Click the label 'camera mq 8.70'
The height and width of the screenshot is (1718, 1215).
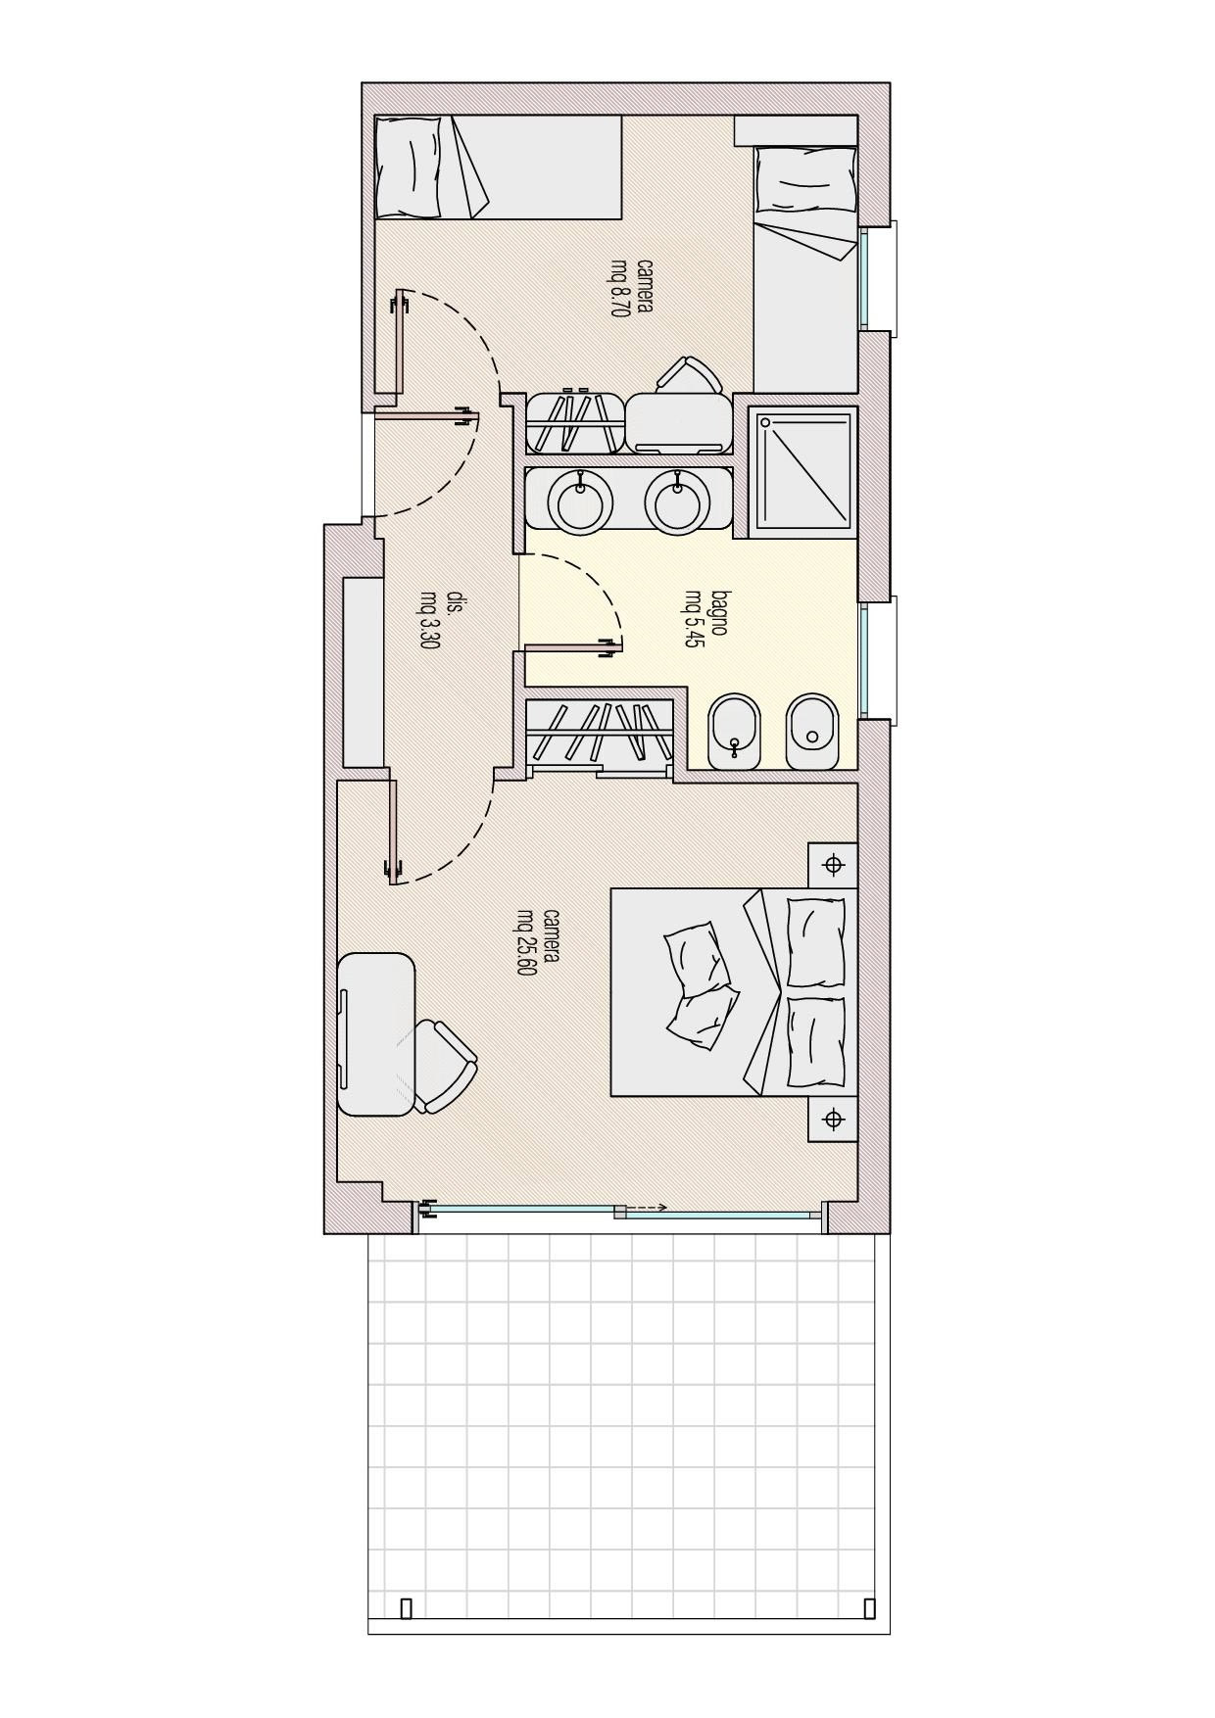click(633, 287)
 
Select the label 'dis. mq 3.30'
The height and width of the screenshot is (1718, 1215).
click(441, 619)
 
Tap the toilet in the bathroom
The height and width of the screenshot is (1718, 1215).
click(735, 732)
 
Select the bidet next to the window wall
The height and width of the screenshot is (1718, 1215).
click(812, 732)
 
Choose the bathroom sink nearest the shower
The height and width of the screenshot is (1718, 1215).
click(676, 500)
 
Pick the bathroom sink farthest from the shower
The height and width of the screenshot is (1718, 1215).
click(585, 500)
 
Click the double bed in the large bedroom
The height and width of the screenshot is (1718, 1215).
click(734, 991)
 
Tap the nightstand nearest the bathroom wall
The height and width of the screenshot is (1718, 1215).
click(833, 865)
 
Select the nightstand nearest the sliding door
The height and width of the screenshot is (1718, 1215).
click(833, 1119)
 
